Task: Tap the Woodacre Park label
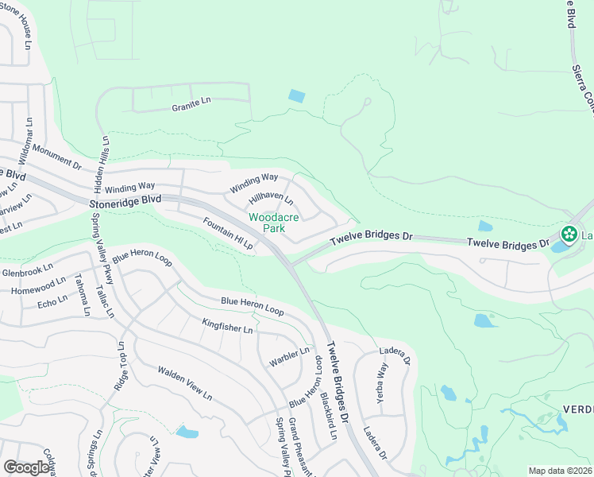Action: coord(266,223)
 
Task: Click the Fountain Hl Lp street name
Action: coord(227,235)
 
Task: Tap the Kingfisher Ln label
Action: coord(227,326)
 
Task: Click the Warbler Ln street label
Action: coord(295,353)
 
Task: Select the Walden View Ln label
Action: coord(184,383)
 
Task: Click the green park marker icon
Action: coord(568,235)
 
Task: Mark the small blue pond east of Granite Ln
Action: coord(296,96)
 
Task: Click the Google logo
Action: coord(27,467)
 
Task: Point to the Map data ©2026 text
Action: coord(559,471)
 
